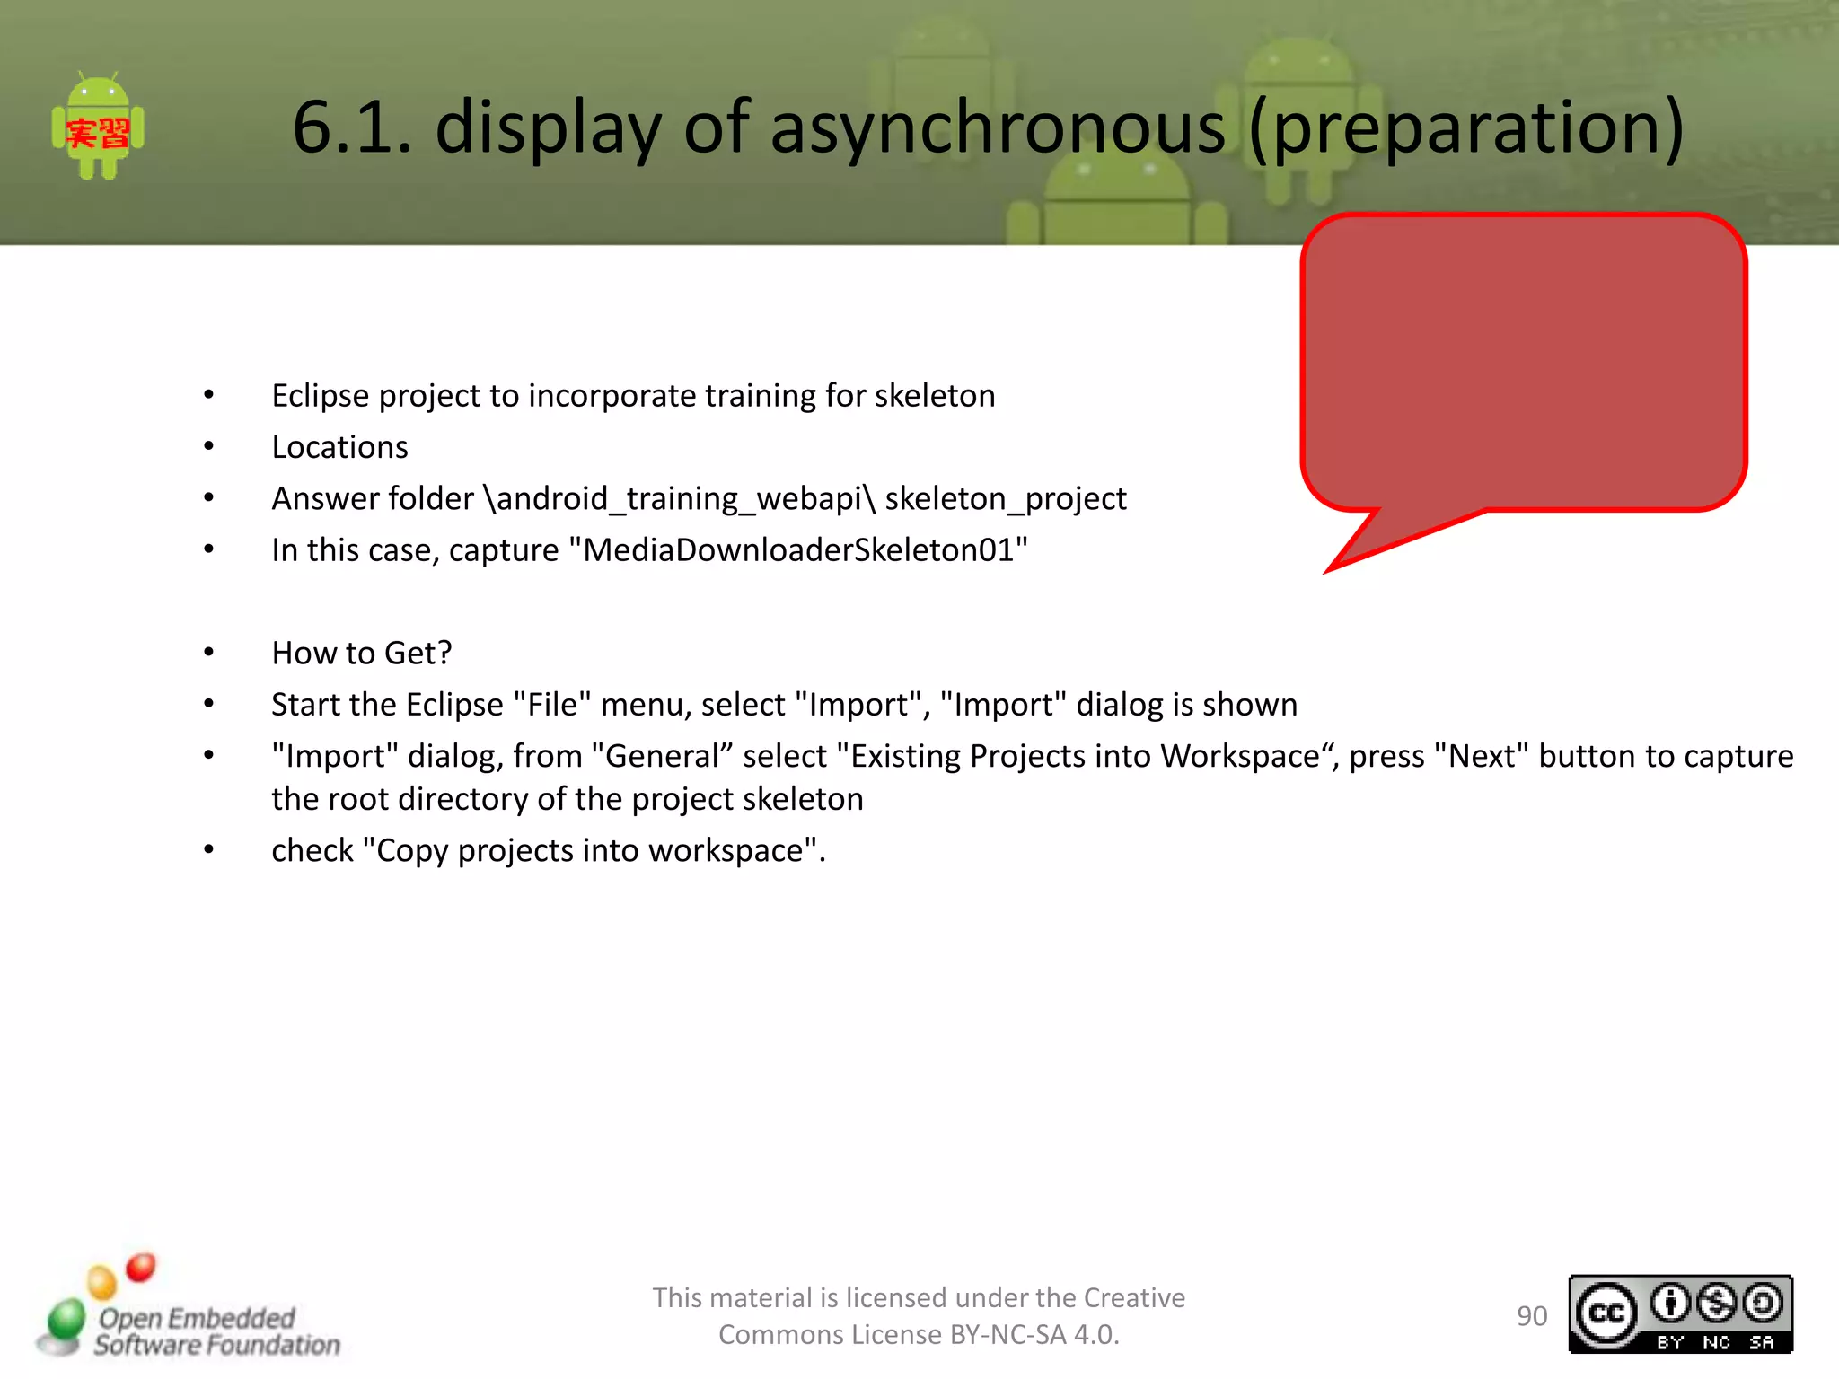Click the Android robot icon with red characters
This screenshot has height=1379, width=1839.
(98, 127)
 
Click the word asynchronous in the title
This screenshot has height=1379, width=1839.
(997, 127)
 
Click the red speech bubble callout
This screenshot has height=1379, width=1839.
(1523, 362)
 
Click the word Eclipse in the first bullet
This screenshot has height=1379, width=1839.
(321, 396)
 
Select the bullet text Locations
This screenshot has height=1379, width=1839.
(339, 447)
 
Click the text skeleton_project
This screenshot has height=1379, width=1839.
(1005, 498)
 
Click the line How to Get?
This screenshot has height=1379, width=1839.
(361, 653)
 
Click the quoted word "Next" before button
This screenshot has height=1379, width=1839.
(1481, 756)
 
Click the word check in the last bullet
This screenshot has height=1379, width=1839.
(312, 850)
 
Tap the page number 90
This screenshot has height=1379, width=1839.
(1532, 1316)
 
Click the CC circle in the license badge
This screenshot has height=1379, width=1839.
(1606, 1314)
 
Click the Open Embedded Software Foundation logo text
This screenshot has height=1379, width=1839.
(216, 1331)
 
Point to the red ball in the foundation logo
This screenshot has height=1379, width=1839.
(141, 1267)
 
